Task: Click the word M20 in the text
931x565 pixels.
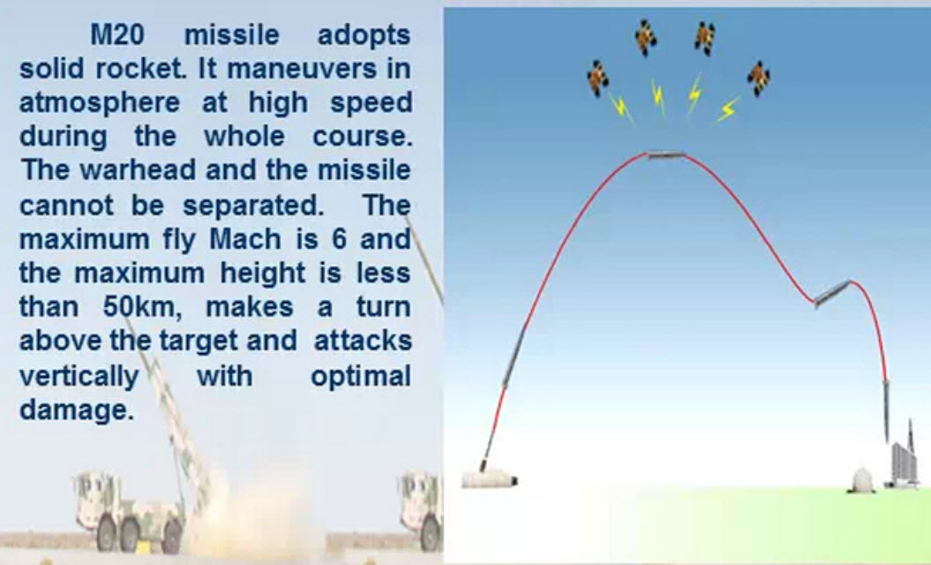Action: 117,34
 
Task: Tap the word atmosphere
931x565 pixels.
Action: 100,102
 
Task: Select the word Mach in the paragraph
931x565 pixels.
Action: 245,239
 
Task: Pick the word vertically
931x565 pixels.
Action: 79,377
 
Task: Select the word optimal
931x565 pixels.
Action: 361,377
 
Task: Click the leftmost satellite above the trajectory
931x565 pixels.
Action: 597,79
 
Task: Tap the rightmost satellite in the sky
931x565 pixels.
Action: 759,79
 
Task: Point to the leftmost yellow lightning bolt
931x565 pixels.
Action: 621,107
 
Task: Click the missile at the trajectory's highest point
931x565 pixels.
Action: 665,155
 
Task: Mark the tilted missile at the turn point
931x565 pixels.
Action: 832,293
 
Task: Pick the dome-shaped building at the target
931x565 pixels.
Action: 863,480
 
